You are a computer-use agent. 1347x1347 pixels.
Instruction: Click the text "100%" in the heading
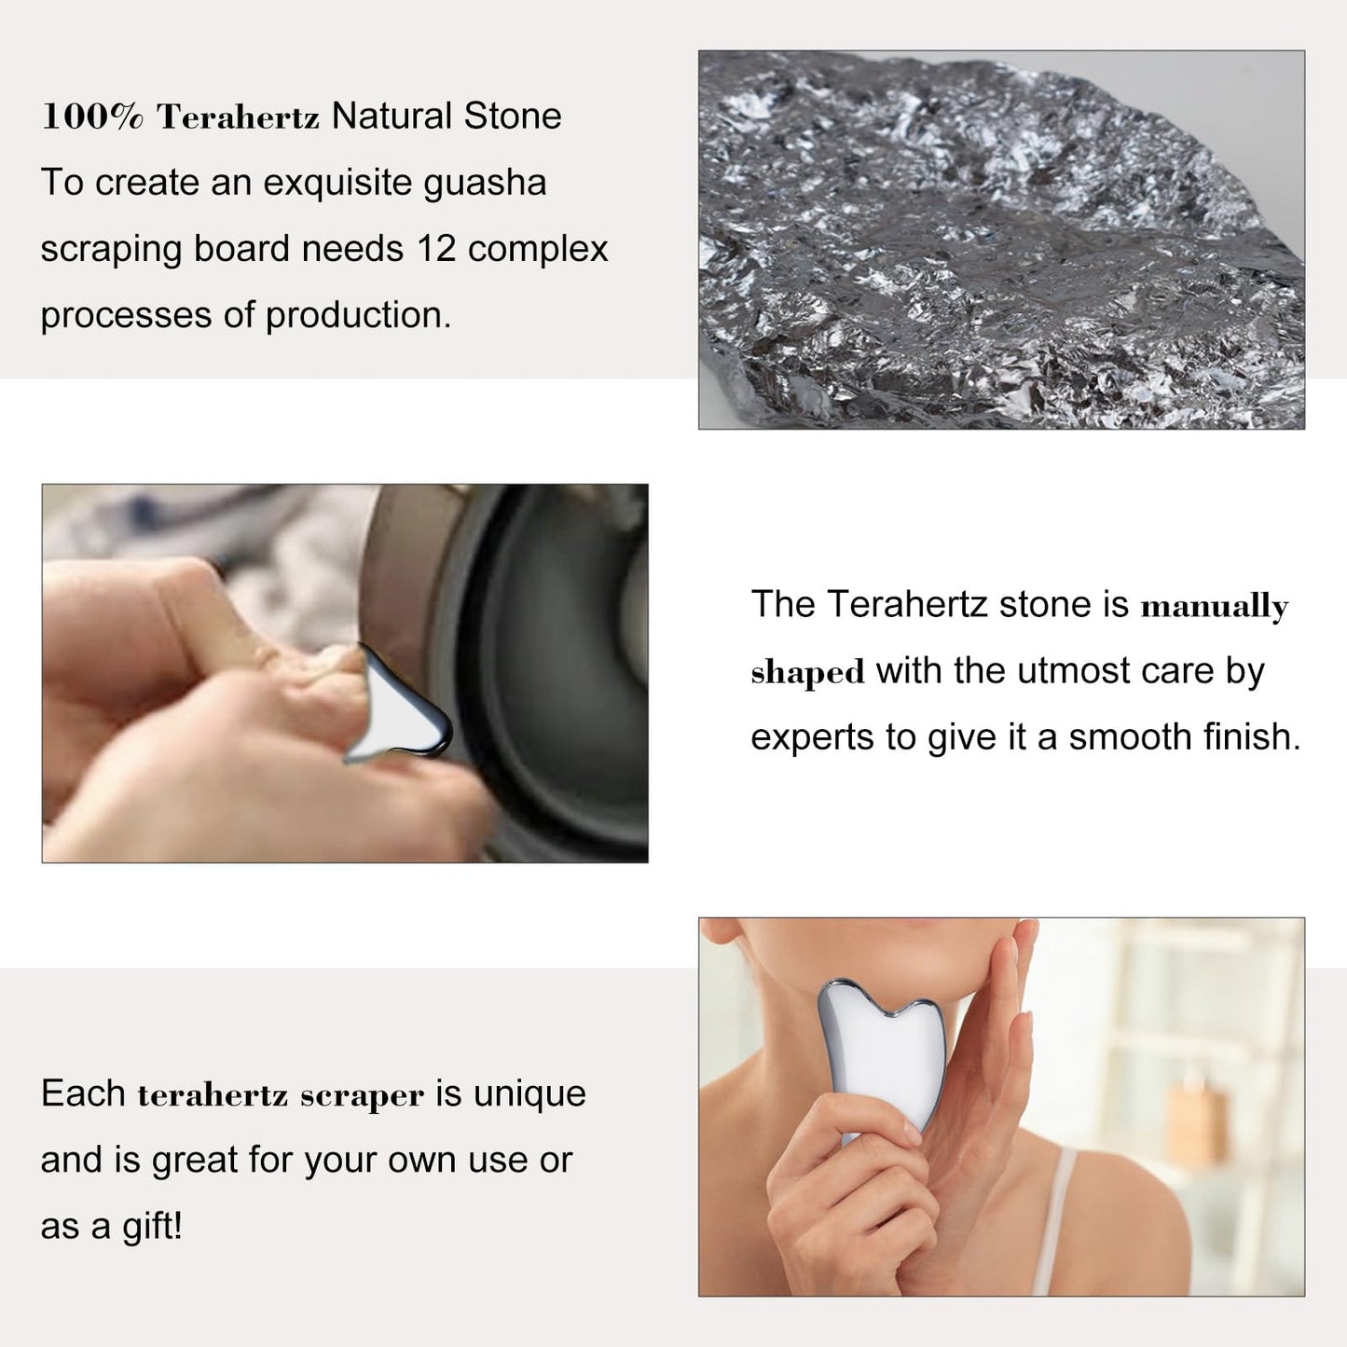(92, 116)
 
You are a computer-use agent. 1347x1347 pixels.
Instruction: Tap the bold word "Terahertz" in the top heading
(238, 117)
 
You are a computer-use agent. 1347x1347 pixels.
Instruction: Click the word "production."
(359, 316)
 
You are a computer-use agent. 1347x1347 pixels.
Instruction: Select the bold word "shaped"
(807, 673)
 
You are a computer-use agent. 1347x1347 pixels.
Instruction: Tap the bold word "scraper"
(362, 1096)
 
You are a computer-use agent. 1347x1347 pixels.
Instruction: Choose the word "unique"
(529, 1094)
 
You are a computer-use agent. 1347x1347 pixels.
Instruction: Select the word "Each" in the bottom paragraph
(83, 1094)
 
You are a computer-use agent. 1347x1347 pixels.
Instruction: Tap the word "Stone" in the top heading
(512, 116)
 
